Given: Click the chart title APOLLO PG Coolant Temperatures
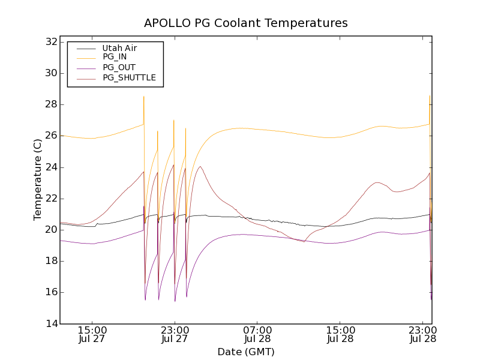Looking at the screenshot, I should tap(246, 23).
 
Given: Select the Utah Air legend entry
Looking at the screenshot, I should tap(119, 47).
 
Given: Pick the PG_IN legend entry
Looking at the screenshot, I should tap(115, 57).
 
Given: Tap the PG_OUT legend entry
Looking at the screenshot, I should tap(119, 67).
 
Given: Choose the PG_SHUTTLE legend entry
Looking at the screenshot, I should tap(129, 77).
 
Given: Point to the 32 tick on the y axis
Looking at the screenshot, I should tap(50, 42).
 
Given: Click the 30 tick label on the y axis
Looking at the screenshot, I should tap(50, 73).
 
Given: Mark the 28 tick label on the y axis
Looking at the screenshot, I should tap(50, 104).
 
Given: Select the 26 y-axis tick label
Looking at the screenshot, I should tap(50, 136).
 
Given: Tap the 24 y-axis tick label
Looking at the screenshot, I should tap(50, 167).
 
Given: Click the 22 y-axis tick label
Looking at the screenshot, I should tap(50, 199).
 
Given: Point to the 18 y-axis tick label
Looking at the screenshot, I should tap(50, 261).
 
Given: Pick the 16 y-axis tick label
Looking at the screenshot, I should tap(50, 292).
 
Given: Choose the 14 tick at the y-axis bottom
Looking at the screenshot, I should tap(50, 323).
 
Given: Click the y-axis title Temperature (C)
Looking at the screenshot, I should tap(38, 179).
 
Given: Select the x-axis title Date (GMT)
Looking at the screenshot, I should tap(246, 352).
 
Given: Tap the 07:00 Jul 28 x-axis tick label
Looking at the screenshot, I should tap(257, 334).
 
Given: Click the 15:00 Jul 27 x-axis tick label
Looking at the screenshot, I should tap(92, 334).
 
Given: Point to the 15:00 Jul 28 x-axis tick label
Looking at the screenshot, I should tap(340, 334).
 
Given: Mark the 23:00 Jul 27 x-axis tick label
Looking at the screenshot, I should tap(175, 334).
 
